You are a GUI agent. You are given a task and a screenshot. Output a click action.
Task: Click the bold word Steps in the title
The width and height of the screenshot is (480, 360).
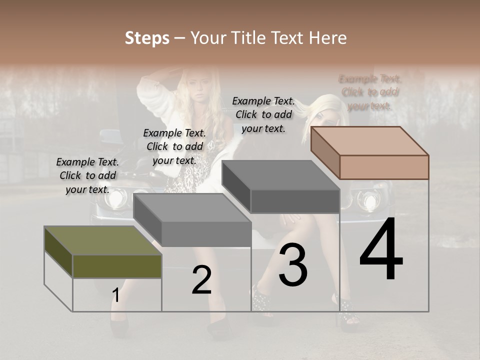(147, 38)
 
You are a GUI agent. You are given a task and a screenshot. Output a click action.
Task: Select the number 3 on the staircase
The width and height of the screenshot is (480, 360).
(293, 267)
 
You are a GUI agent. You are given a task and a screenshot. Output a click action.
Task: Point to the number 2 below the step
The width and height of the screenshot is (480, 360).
(201, 280)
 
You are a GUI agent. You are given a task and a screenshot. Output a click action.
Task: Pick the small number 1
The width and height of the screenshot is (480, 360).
(115, 295)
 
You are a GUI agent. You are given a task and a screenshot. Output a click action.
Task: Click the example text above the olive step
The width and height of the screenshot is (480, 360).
(87, 175)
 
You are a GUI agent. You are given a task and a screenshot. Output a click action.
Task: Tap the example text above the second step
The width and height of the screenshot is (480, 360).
(174, 146)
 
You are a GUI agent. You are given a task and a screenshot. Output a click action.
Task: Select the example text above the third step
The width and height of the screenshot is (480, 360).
(263, 114)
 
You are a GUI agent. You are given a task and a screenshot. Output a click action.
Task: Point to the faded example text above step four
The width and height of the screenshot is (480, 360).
(370, 92)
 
